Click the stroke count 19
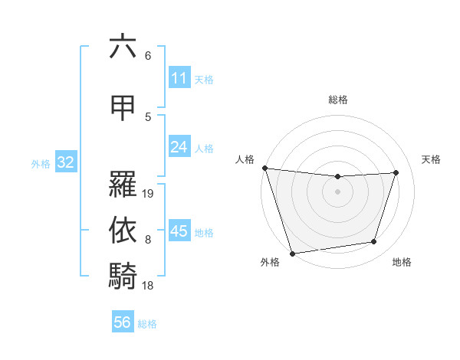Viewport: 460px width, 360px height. (x=149, y=194)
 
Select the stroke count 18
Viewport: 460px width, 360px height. (x=149, y=286)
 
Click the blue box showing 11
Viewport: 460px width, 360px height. (x=179, y=78)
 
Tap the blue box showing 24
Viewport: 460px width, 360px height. (x=179, y=148)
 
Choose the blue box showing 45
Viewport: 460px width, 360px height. (x=179, y=231)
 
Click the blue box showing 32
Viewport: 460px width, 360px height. (x=64, y=162)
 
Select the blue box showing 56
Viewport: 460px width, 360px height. (x=122, y=322)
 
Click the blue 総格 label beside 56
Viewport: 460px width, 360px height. (x=147, y=324)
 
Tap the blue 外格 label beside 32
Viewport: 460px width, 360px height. (x=41, y=163)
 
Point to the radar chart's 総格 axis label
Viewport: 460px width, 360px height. (x=337, y=100)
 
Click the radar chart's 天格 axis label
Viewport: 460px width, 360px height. (x=432, y=159)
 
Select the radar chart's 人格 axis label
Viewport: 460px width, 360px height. (x=245, y=159)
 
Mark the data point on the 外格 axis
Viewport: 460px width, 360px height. (x=292, y=253)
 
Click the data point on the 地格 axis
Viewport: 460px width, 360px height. (x=374, y=242)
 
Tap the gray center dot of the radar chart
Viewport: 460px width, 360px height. (x=337, y=191)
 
